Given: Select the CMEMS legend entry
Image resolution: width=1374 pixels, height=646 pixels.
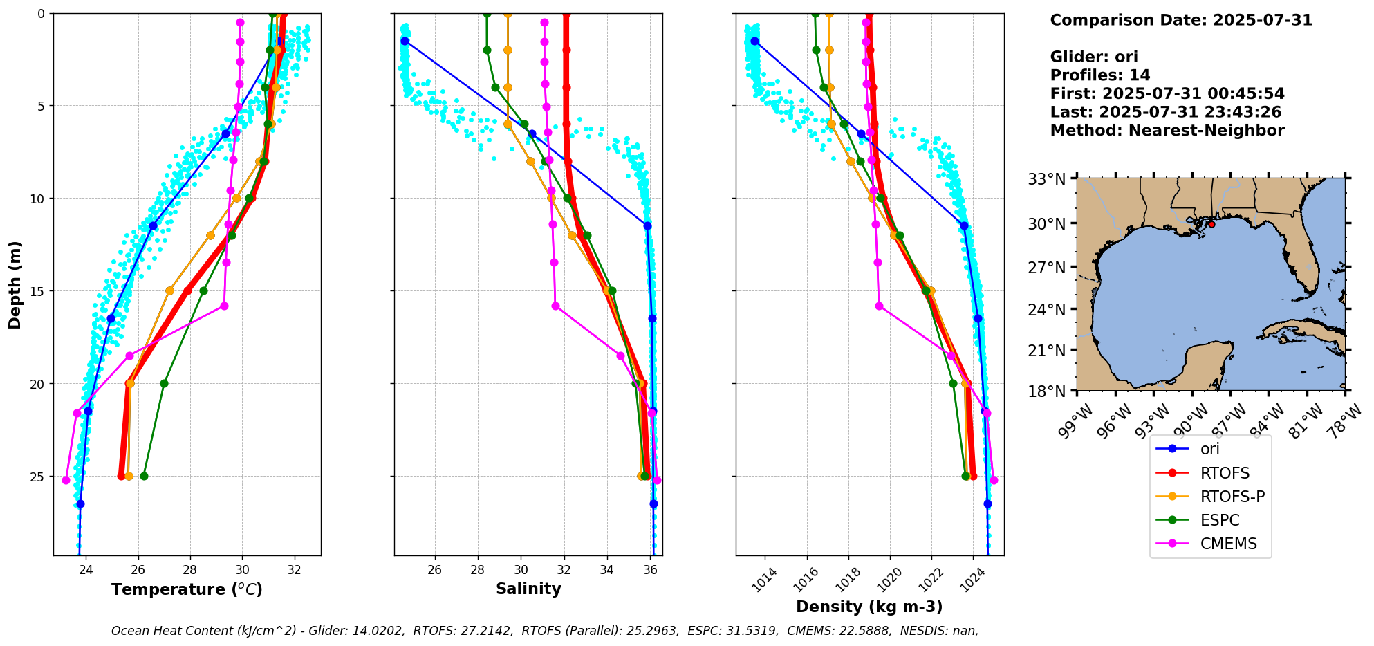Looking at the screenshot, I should [1228, 544].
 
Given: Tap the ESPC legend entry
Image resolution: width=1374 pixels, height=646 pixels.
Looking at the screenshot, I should [1219, 520].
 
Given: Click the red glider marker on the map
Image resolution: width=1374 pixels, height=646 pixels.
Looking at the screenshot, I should [1211, 224].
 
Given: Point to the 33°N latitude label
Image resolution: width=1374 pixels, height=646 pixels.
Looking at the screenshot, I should [1046, 179].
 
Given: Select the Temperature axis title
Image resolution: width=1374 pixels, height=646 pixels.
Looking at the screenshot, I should [187, 589].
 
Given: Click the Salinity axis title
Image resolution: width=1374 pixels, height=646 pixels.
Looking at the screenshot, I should [528, 589].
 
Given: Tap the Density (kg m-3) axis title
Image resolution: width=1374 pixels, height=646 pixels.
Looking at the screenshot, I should [869, 607].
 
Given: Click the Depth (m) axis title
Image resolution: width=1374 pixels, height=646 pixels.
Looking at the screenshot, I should [15, 284].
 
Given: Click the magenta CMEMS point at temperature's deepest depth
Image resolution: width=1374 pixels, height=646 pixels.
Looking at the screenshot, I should [66, 480].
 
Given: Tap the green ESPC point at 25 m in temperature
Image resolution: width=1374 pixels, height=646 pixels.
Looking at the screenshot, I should [144, 476].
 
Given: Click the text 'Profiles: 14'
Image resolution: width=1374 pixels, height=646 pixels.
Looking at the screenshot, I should [1099, 75].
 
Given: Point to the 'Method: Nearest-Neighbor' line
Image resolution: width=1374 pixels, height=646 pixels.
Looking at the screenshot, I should [1167, 130].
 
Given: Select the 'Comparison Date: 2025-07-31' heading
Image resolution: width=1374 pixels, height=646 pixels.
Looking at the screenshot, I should [1180, 20].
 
